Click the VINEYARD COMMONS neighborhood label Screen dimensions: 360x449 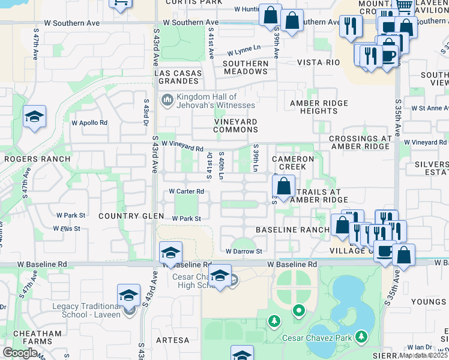236,125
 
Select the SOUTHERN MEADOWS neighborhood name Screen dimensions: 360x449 246,67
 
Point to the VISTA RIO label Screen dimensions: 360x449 315,62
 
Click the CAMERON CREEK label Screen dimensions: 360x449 292,163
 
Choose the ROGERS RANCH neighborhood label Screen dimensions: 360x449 37,159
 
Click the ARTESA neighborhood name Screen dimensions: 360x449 172,340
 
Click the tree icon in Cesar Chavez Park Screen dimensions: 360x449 274,321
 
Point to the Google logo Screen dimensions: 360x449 20,353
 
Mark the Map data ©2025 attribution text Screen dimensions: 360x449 423,355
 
